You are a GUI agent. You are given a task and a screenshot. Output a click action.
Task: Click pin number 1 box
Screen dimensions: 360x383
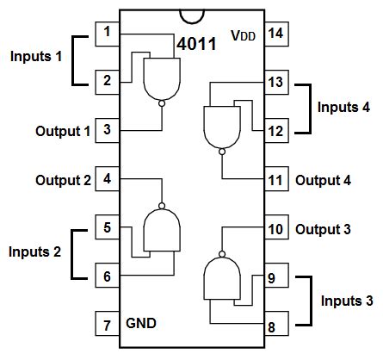107,34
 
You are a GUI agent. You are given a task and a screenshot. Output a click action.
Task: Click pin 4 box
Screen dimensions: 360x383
107,180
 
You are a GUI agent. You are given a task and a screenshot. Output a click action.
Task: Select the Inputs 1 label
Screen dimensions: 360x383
35,57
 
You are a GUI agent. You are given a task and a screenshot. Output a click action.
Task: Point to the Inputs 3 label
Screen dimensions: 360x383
347,301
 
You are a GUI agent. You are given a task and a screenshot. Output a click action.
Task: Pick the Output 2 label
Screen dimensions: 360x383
63,180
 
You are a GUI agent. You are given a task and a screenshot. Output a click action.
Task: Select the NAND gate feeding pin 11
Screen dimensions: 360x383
221,126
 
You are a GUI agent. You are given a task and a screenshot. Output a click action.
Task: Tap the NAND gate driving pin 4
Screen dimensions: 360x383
162,231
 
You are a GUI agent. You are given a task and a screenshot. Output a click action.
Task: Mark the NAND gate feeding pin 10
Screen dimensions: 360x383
221,278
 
